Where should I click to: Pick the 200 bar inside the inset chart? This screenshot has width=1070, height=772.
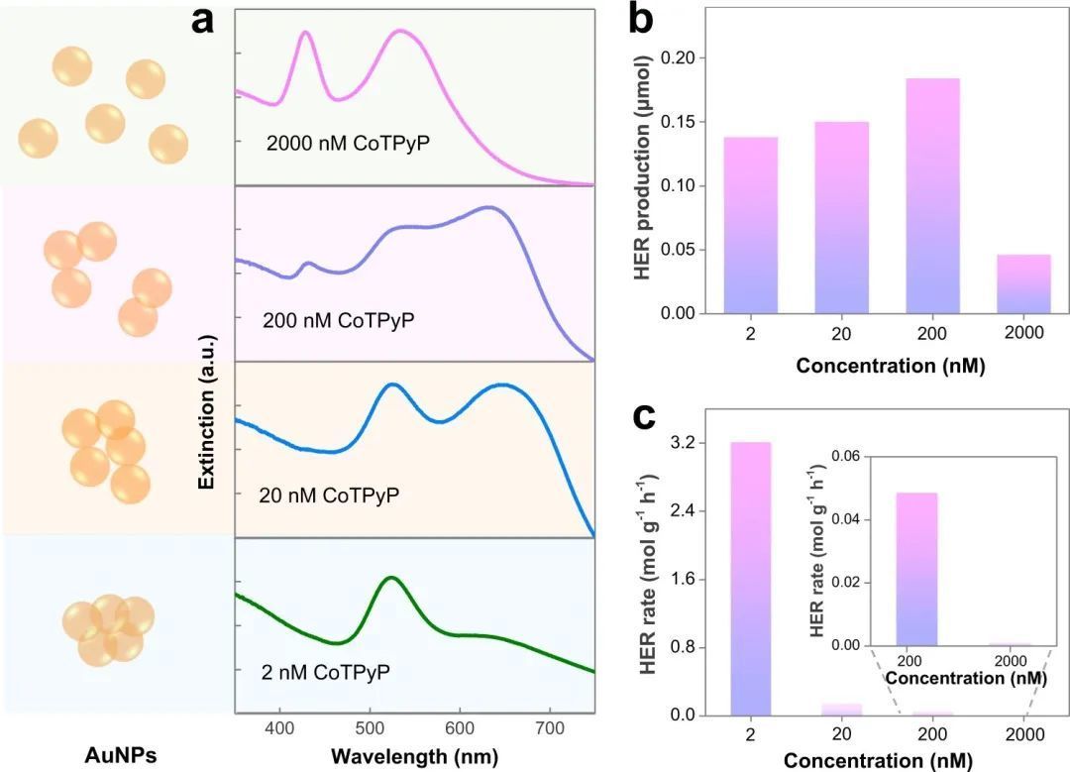pyautogui.click(x=916, y=569)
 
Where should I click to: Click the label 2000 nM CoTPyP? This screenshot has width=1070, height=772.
pyautogui.click(x=354, y=144)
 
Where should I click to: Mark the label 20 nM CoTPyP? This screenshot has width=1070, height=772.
pyautogui.click(x=328, y=495)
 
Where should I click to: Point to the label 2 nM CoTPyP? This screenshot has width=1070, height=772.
pyautogui.click(x=324, y=672)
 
